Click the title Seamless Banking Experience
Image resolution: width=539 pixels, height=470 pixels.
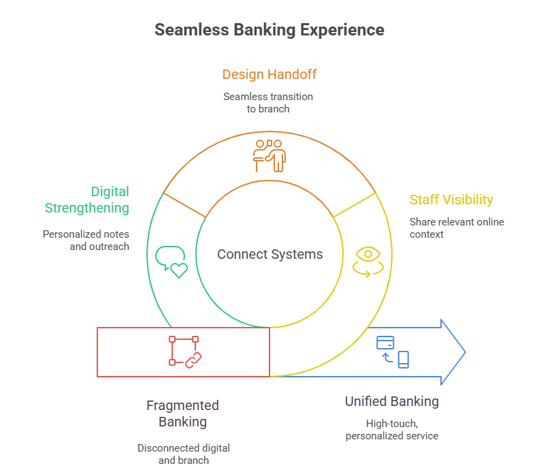tap(269, 30)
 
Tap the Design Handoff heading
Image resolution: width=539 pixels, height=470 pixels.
tap(269, 74)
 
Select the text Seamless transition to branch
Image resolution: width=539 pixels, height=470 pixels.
tap(268, 102)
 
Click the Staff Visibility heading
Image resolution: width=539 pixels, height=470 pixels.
tap(451, 200)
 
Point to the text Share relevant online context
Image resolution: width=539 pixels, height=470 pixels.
tap(457, 228)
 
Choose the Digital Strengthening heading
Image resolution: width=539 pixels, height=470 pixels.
tap(86, 200)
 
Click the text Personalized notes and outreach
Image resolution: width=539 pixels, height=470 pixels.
tap(86, 240)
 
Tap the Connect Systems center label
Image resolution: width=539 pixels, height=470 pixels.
tap(269, 255)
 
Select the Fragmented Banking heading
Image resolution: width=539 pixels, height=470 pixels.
tap(182, 413)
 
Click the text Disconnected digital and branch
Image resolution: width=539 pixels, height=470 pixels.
tap(183, 454)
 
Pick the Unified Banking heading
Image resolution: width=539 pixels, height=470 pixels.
tap(391, 401)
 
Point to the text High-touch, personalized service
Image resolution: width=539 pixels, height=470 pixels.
tap(391, 429)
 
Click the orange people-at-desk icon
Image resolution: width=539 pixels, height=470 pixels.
tap(269, 155)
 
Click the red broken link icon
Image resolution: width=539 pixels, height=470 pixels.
tap(186, 351)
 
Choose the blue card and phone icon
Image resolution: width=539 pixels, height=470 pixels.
tap(393, 351)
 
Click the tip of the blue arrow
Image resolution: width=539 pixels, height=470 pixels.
tap(465, 352)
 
